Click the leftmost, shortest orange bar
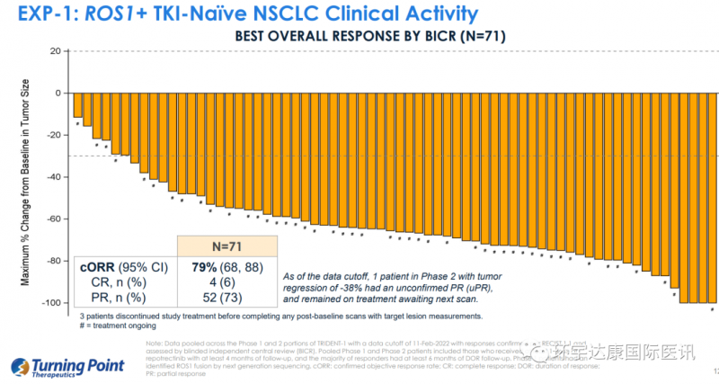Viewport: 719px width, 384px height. [x=78, y=105]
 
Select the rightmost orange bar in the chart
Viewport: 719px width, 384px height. [x=714, y=198]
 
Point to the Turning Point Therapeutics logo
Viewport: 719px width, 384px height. [x=58, y=368]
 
